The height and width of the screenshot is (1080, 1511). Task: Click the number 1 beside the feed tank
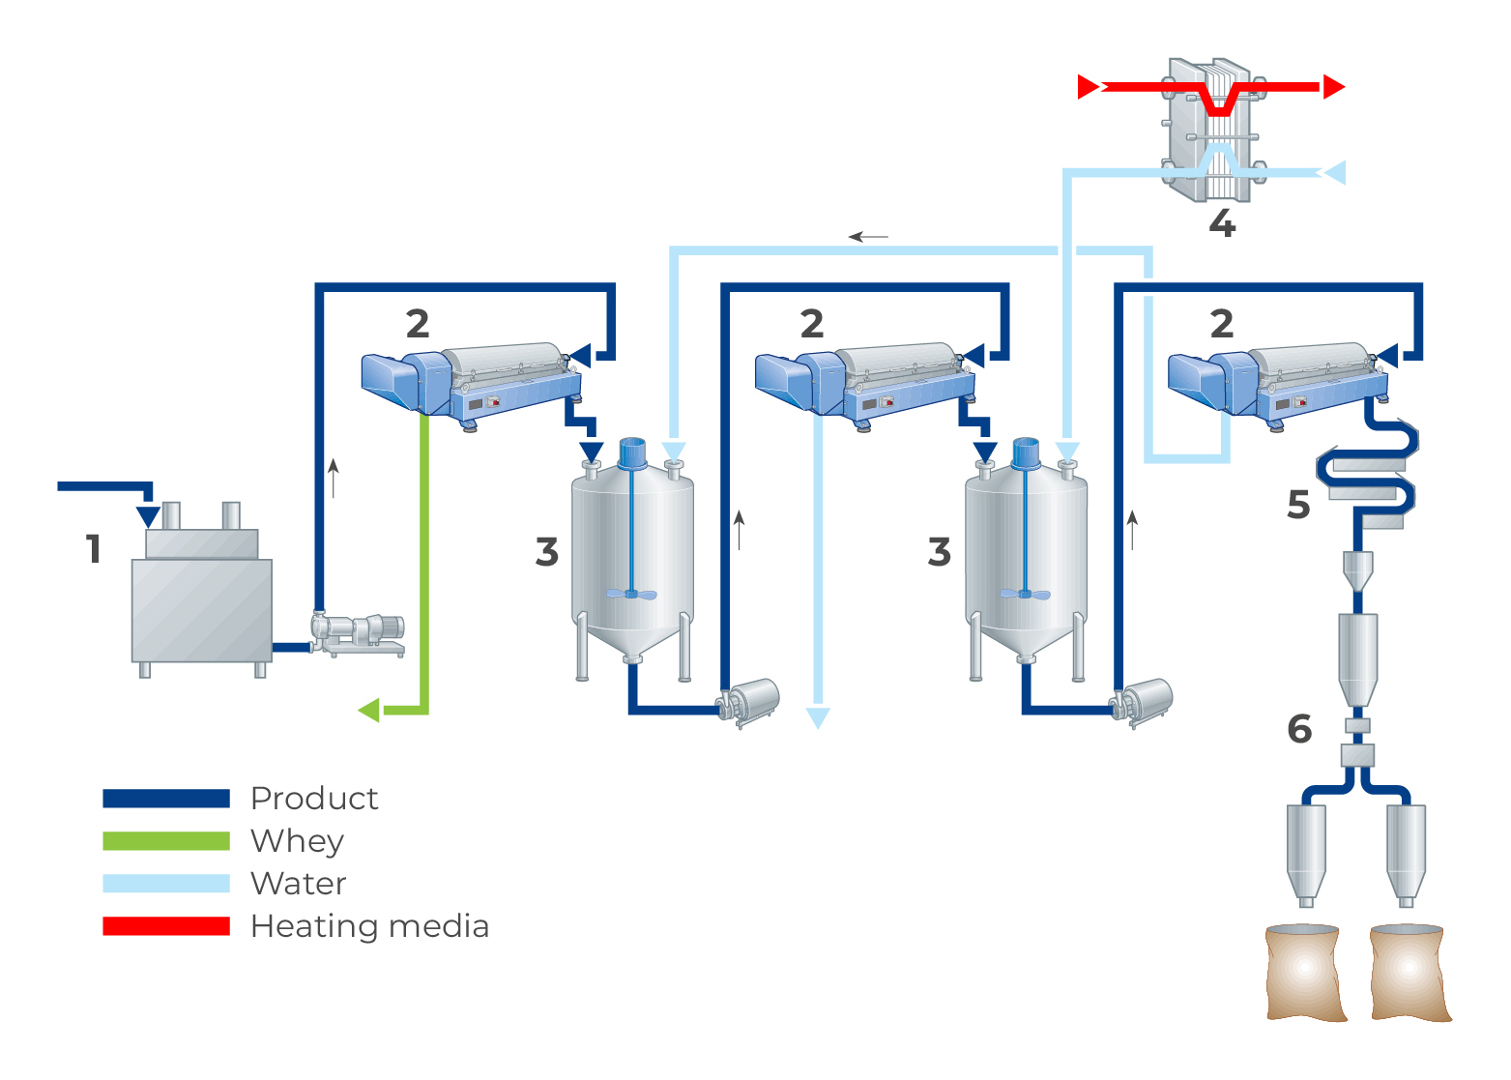(93, 549)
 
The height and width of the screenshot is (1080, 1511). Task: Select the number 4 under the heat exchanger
(1222, 223)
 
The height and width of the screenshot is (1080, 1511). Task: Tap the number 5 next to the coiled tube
(1298, 505)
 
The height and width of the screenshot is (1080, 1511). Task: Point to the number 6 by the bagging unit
(1299, 729)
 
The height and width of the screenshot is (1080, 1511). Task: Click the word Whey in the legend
(297, 841)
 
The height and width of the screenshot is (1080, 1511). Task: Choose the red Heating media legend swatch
(166, 926)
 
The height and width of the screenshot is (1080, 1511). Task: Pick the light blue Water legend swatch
(166, 884)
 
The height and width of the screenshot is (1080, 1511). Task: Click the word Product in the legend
(314, 799)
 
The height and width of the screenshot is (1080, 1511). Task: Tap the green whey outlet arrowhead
(369, 711)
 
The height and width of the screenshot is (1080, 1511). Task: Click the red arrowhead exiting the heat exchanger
(1334, 87)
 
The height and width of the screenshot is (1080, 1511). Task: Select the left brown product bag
(1304, 972)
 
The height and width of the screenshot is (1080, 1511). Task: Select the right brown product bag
(1409, 972)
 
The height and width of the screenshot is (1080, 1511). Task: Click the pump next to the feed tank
(358, 633)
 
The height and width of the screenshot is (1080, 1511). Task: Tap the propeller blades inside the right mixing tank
(1025, 594)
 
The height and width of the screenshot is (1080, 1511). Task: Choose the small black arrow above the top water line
(868, 236)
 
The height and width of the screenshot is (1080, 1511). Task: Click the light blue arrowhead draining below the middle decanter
(818, 717)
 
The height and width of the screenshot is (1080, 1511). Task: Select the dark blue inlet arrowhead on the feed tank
(148, 515)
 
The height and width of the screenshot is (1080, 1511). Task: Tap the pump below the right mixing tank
(1144, 700)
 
